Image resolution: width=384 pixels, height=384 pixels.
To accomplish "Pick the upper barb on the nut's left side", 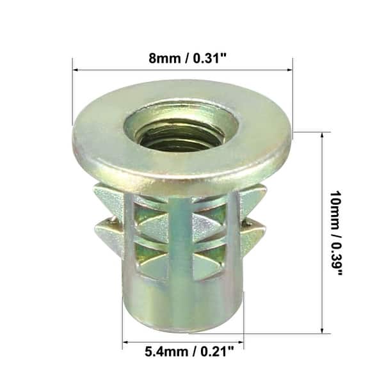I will tap(106, 195).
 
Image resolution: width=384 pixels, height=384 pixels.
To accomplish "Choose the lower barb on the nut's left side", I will tap(106, 228).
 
